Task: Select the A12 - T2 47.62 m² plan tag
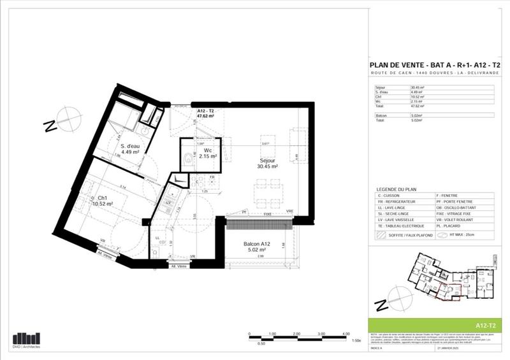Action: point(205,114)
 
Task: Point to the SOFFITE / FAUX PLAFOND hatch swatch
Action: point(382,234)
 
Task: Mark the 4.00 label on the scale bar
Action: point(346,333)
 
